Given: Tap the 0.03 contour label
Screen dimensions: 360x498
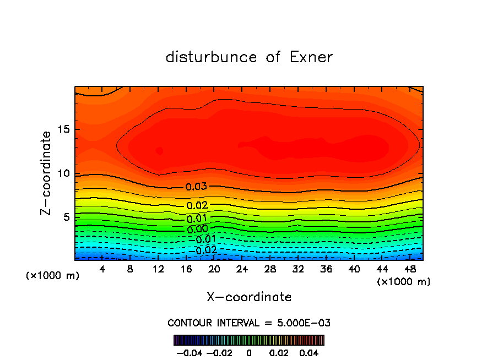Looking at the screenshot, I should point(196,187).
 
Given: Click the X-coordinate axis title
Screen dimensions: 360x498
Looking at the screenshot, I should point(249,297).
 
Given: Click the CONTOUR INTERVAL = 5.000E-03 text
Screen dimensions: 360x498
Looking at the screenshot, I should point(249,323).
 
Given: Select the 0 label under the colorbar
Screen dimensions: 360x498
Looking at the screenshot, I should point(249,352).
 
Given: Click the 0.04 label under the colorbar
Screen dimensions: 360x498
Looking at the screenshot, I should point(308,352).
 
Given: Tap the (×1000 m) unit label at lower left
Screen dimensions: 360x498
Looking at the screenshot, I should point(52,276).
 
